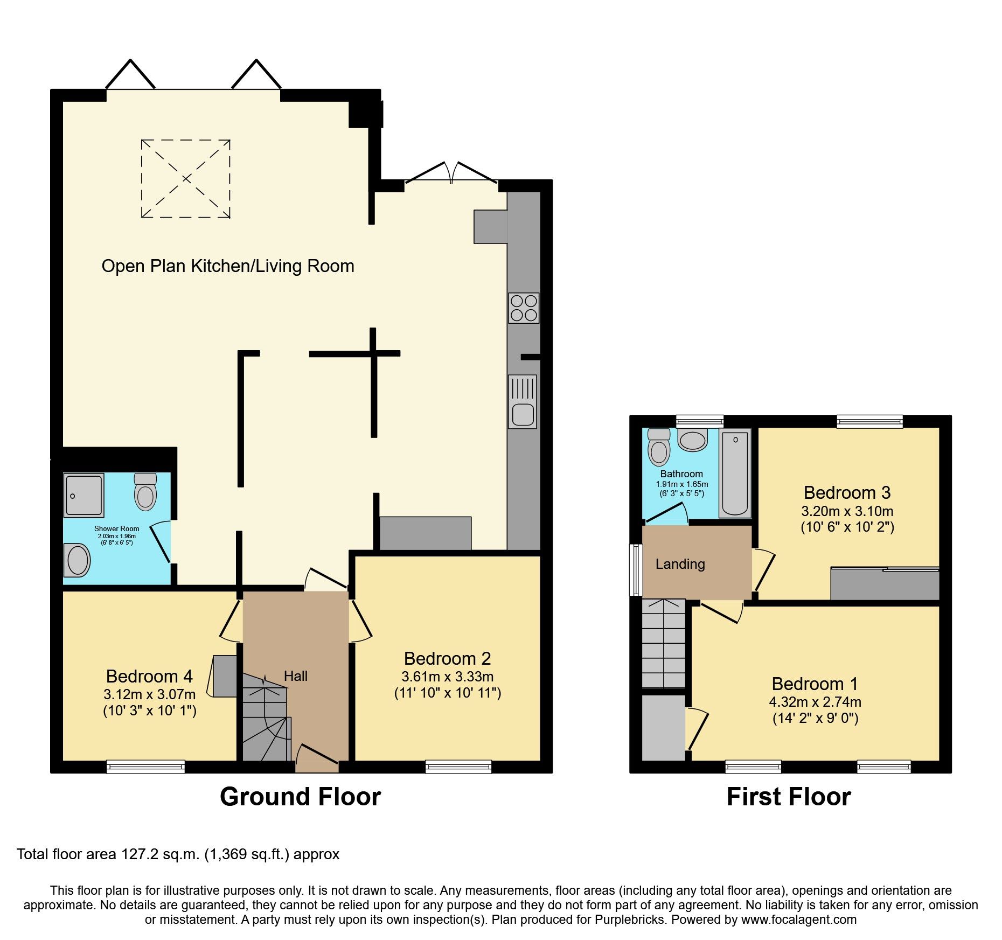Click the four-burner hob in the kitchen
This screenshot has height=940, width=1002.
coord(523,308)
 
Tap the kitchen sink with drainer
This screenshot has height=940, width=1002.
coord(522,401)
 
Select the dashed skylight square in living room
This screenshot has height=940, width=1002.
coord(186,179)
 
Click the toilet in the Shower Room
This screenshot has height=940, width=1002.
coord(145,492)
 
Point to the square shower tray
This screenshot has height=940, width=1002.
coord(83,495)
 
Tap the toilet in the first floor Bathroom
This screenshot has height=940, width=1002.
coord(659,447)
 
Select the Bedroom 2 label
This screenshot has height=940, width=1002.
coord(447,658)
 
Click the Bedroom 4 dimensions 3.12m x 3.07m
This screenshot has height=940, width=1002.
coord(150,694)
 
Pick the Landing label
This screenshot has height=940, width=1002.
coord(680,564)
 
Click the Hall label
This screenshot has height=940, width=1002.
coord(296,676)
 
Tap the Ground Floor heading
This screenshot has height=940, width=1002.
coord(300,797)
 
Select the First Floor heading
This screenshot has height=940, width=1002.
coord(788,797)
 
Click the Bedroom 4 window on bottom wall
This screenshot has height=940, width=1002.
coord(145,767)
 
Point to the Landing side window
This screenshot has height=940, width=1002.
coord(636,569)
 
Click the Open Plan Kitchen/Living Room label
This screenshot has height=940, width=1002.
coord(228,266)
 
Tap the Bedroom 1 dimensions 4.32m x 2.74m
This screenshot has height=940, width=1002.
coord(815,702)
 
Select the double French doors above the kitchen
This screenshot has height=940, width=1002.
coord(451,173)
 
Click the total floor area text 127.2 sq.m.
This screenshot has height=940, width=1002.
coord(178,854)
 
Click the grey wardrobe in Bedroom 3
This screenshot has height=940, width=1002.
coord(884,584)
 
